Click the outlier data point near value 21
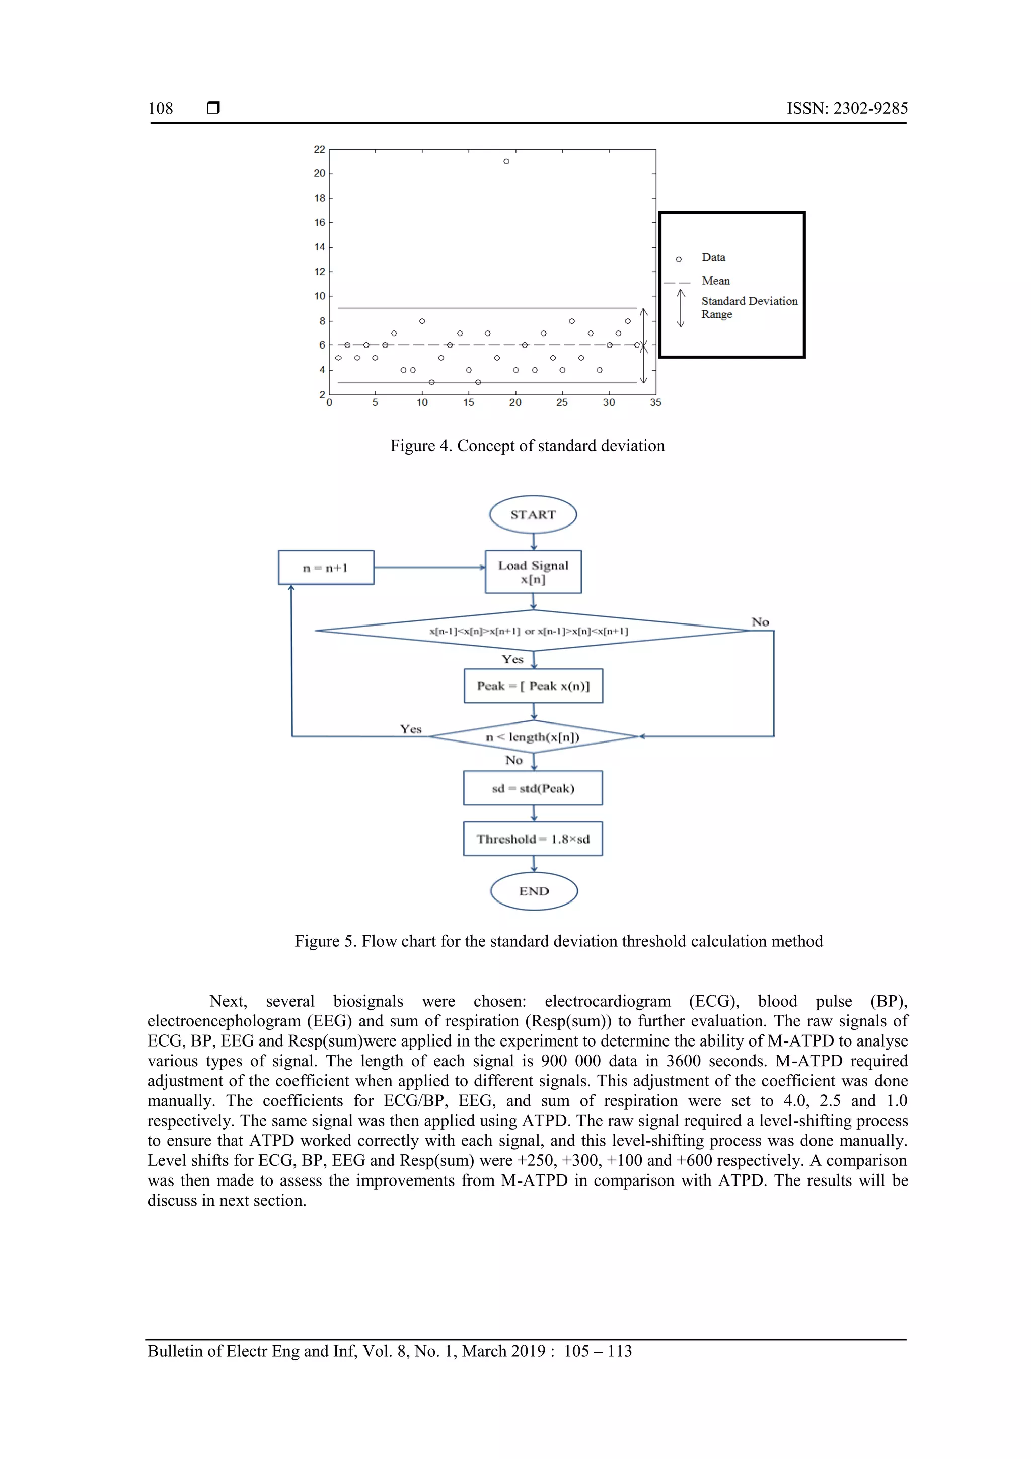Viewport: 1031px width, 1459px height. (x=506, y=161)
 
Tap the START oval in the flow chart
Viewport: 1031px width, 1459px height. (x=533, y=515)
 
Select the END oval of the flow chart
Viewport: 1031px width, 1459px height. (x=534, y=891)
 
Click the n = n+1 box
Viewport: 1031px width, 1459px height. (x=326, y=568)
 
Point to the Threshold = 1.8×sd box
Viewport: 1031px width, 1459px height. (x=533, y=839)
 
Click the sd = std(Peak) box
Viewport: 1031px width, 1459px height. (x=533, y=788)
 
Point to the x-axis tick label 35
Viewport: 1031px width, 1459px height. (x=655, y=402)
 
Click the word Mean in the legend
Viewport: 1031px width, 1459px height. (x=716, y=280)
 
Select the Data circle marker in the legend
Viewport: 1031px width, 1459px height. (x=679, y=259)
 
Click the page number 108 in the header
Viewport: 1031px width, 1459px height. (x=161, y=109)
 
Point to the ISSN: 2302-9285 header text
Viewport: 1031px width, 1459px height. (x=847, y=109)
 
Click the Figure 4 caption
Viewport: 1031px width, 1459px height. (x=527, y=446)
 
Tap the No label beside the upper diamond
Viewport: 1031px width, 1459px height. (x=760, y=622)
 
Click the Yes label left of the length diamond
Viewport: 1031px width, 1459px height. (x=411, y=729)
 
